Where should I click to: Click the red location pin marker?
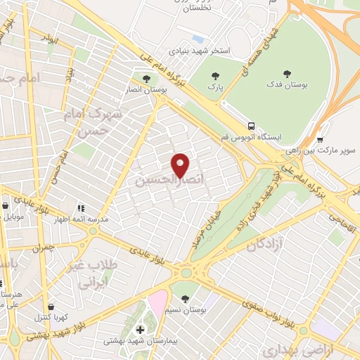(x=181, y=165)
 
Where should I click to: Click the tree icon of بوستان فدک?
(x=286, y=74)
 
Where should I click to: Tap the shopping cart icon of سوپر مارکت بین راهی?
(x=320, y=139)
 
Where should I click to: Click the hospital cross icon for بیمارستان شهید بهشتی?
(x=139, y=329)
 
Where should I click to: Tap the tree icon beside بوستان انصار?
(x=146, y=79)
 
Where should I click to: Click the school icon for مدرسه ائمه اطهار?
(x=82, y=208)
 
